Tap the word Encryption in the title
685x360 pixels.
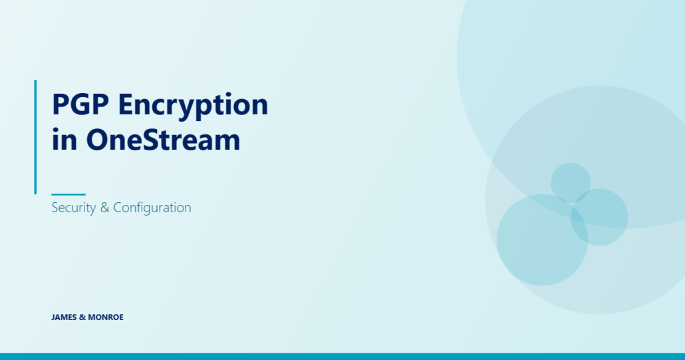click(x=193, y=106)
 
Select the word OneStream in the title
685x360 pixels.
click(x=163, y=139)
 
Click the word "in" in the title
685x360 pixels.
click(x=65, y=140)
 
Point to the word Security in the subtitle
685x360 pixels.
click(x=74, y=208)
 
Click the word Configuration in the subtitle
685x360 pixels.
click(x=152, y=208)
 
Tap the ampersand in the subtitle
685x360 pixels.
click(x=104, y=208)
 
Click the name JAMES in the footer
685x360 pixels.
click(x=64, y=317)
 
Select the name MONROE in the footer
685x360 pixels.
click(x=106, y=317)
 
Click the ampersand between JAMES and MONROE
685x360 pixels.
click(x=82, y=317)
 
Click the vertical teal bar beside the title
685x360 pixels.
click(x=35, y=137)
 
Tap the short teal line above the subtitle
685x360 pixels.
click(x=68, y=194)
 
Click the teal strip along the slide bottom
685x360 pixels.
click(x=342, y=357)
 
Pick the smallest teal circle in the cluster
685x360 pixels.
click(x=571, y=182)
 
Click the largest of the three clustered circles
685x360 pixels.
click(x=542, y=240)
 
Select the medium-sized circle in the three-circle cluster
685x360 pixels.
click(x=599, y=217)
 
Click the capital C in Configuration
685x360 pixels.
click(x=118, y=207)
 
